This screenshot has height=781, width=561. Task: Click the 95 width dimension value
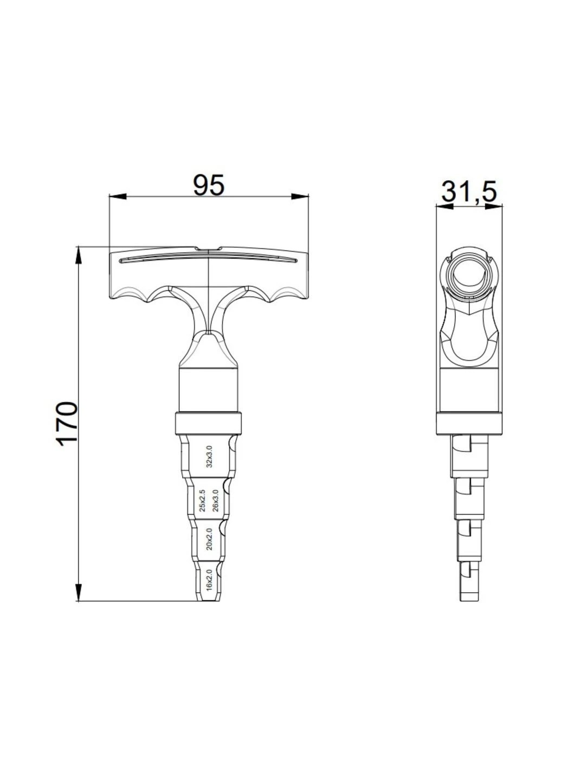[x=209, y=185]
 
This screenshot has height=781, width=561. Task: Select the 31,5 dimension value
[x=468, y=191]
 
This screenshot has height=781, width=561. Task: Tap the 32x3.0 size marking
[x=209, y=457]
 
